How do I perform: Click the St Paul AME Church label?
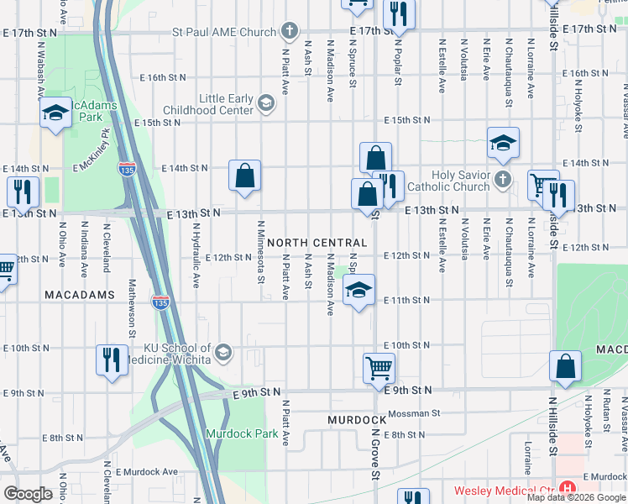click(223, 33)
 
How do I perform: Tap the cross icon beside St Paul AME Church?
click(290, 33)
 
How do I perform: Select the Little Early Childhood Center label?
click(226, 104)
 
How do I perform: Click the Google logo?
click(28, 494)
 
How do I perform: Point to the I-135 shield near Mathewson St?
click(160, 300)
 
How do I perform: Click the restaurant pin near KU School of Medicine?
click(112, 360)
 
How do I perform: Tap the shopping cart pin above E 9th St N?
click(379, 366)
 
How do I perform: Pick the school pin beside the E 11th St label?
click(358, 291)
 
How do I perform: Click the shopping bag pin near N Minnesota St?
click(244, 176)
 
